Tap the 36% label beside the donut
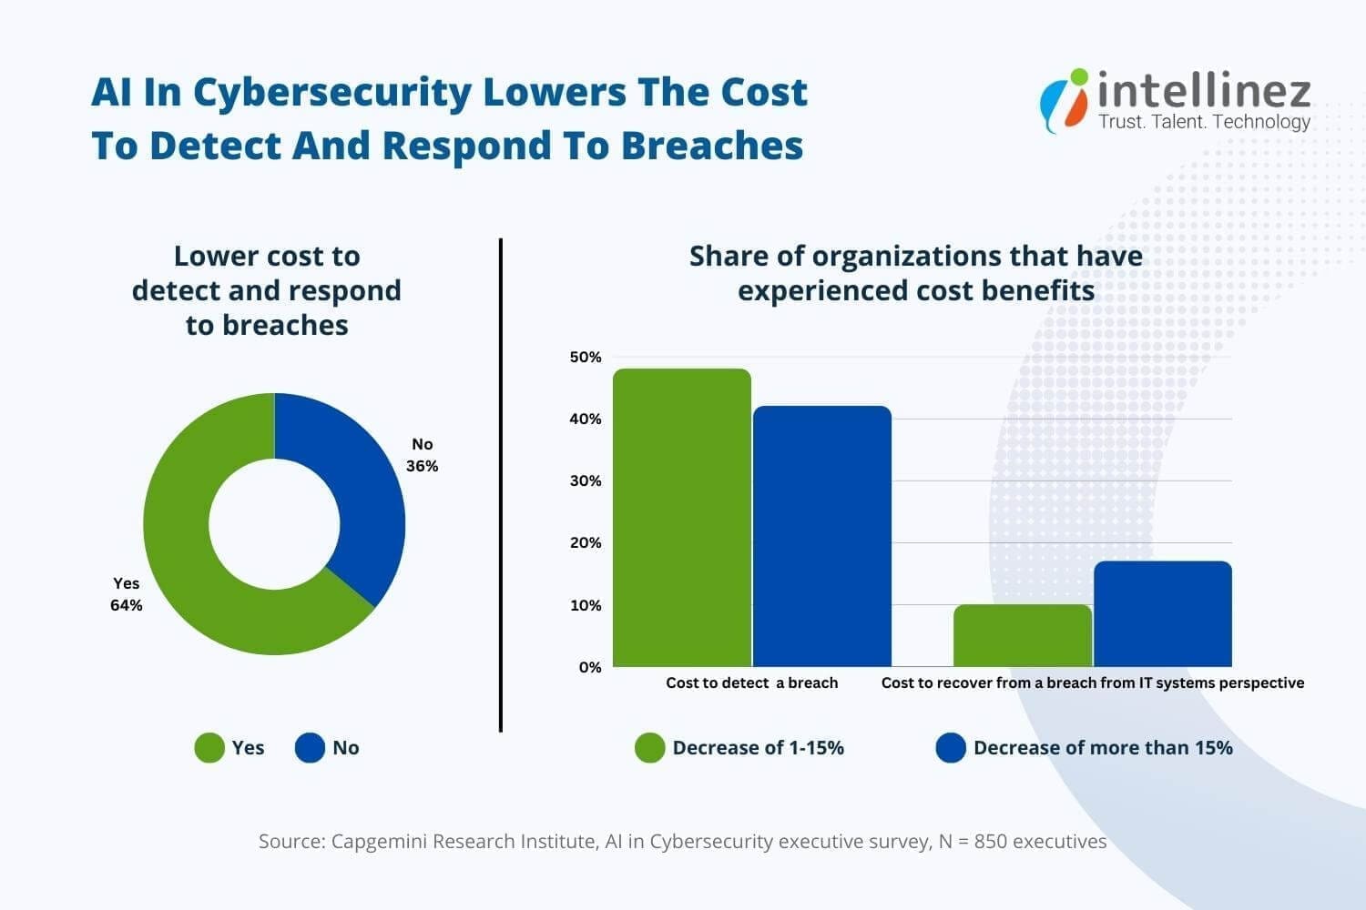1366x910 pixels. click(422, 466)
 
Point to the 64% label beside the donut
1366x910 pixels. click(127, 605)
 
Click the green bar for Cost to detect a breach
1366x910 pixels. click(682, 519)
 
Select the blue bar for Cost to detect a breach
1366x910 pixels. click(822, 537)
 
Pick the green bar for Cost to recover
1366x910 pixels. click(1023, 636)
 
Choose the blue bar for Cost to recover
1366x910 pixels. click(1163, 614)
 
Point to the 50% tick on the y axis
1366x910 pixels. click(586, 358)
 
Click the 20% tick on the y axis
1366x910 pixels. click(586, 543)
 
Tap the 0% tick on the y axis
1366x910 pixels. click(589, 667)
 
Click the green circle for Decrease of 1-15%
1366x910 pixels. click(650, 748)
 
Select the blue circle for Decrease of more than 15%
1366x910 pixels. click(951, 748)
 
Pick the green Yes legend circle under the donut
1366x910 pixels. click(209, 748)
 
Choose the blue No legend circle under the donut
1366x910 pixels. click(310, 748)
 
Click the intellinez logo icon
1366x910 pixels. click(1065, 99)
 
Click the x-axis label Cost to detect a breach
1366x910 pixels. click(751, 682)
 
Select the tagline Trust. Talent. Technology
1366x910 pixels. click(1204, 122)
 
